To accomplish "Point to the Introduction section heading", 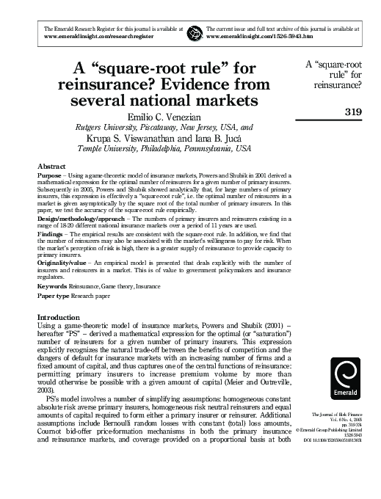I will [62, 317].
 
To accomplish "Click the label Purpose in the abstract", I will [50, 177].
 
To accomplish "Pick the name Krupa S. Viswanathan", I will [129, 136].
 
